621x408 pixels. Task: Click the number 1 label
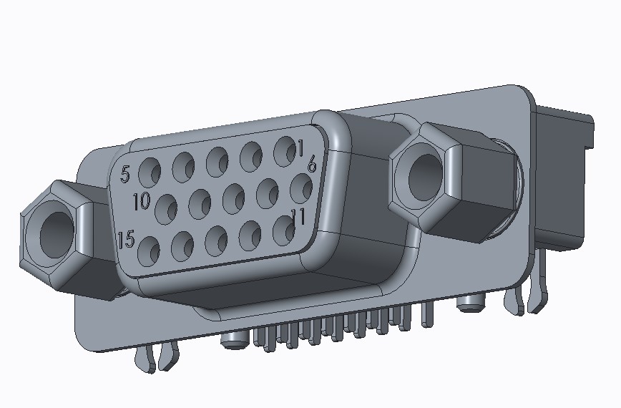click(x=301, y=148)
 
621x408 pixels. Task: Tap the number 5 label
click(x=125, y=174)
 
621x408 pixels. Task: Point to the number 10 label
click(x=142, y=201)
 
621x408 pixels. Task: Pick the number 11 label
click(x=298, y=216)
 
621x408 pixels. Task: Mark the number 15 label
click(x=126, y=239)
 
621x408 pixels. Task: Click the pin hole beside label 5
click(x=150, y=172)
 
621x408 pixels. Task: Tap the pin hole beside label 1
click(x=285, y=150)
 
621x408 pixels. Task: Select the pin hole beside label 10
click(x=166, y=208)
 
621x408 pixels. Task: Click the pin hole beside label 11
click(x=283, y=230)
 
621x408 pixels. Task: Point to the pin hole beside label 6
click(x=300, y=189)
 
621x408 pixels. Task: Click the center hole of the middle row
click(x=233, y=198)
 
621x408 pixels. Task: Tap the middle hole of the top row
click(x=217, y=161)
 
